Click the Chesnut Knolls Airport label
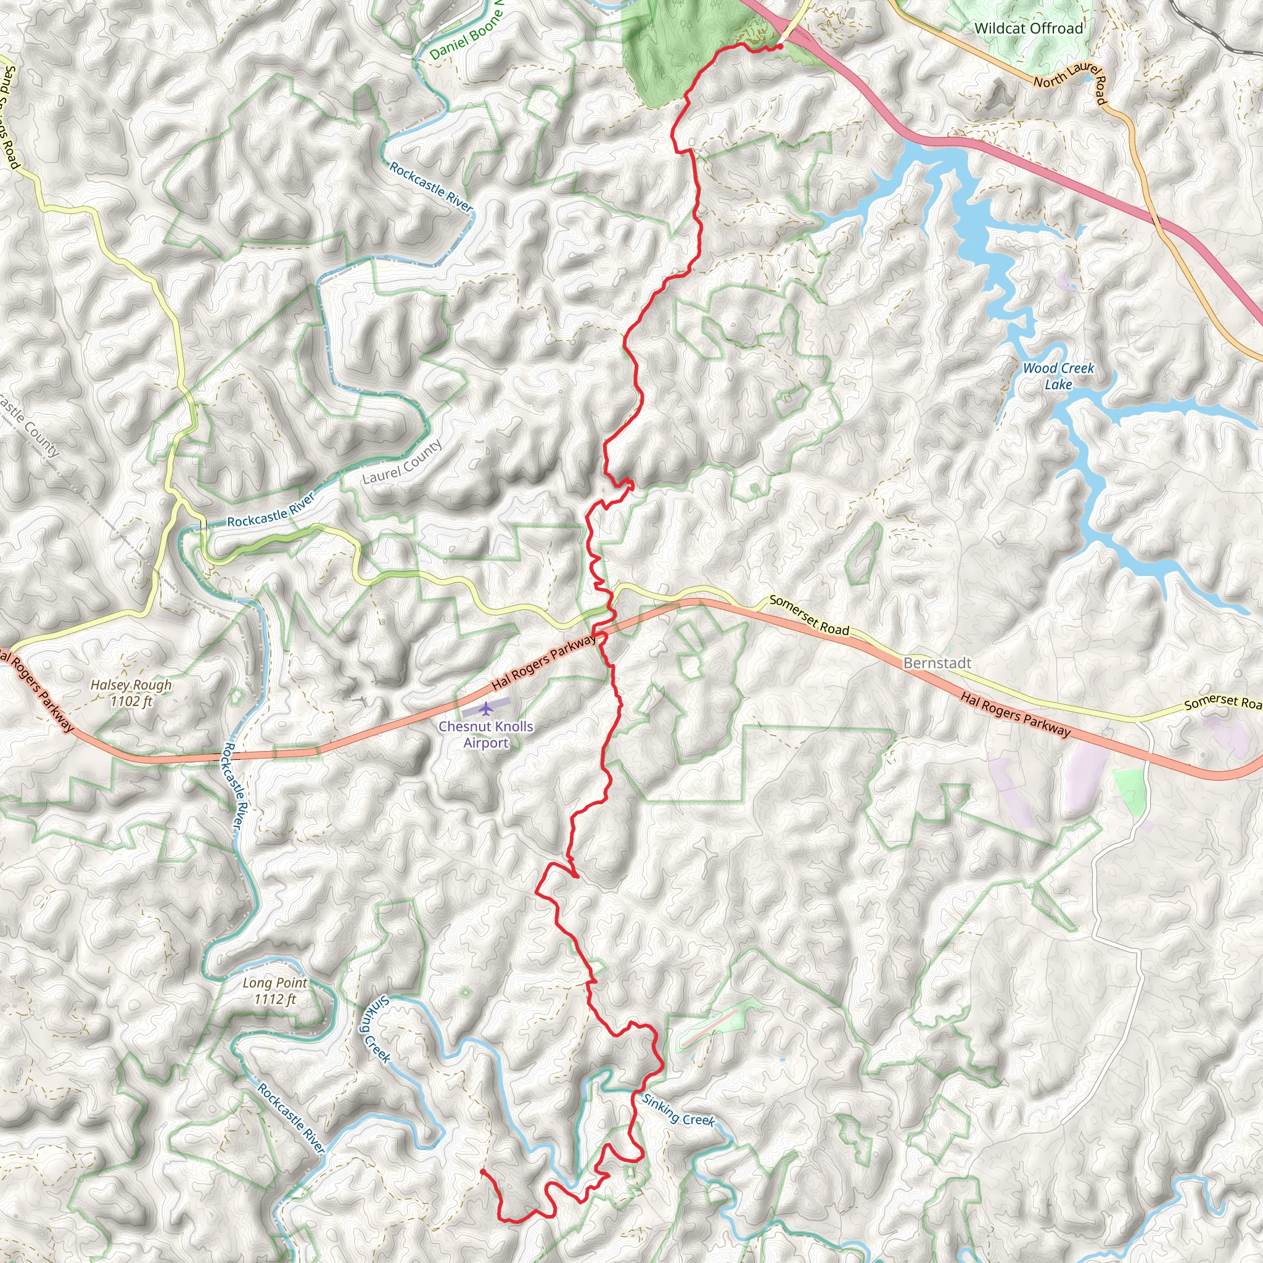485,734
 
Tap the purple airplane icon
486,708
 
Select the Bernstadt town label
937,663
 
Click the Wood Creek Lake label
1058,376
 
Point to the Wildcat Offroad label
1028,28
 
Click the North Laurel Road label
1070,83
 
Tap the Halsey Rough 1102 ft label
131,693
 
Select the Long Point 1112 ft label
274,990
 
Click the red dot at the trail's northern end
781,46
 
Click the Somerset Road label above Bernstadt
808,614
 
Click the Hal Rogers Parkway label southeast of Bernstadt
1014,715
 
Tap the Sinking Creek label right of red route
678,1110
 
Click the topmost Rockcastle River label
430,187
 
